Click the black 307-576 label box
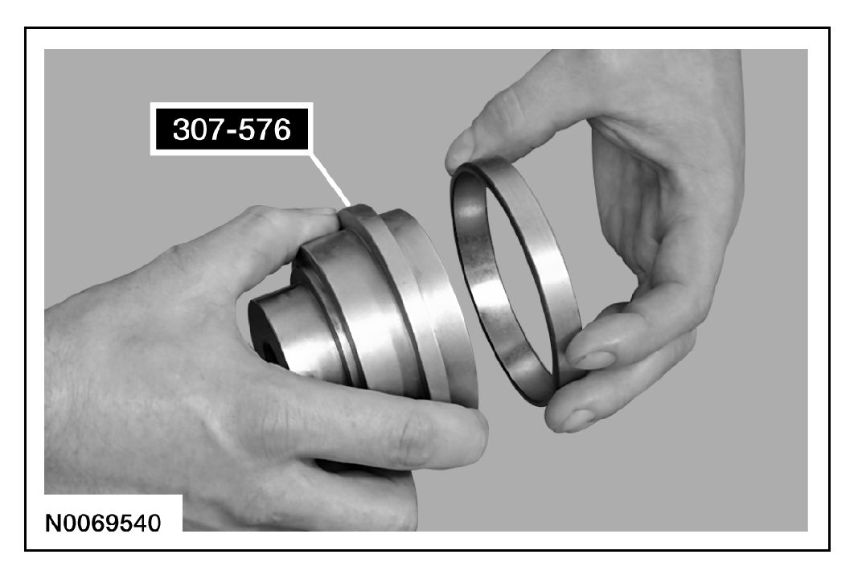(x=232, y=129)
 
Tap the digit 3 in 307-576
(x=182, y=129)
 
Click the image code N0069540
(x=103, y=523)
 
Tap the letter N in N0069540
(x=53, y=523)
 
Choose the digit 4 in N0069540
(x=140, y=523)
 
